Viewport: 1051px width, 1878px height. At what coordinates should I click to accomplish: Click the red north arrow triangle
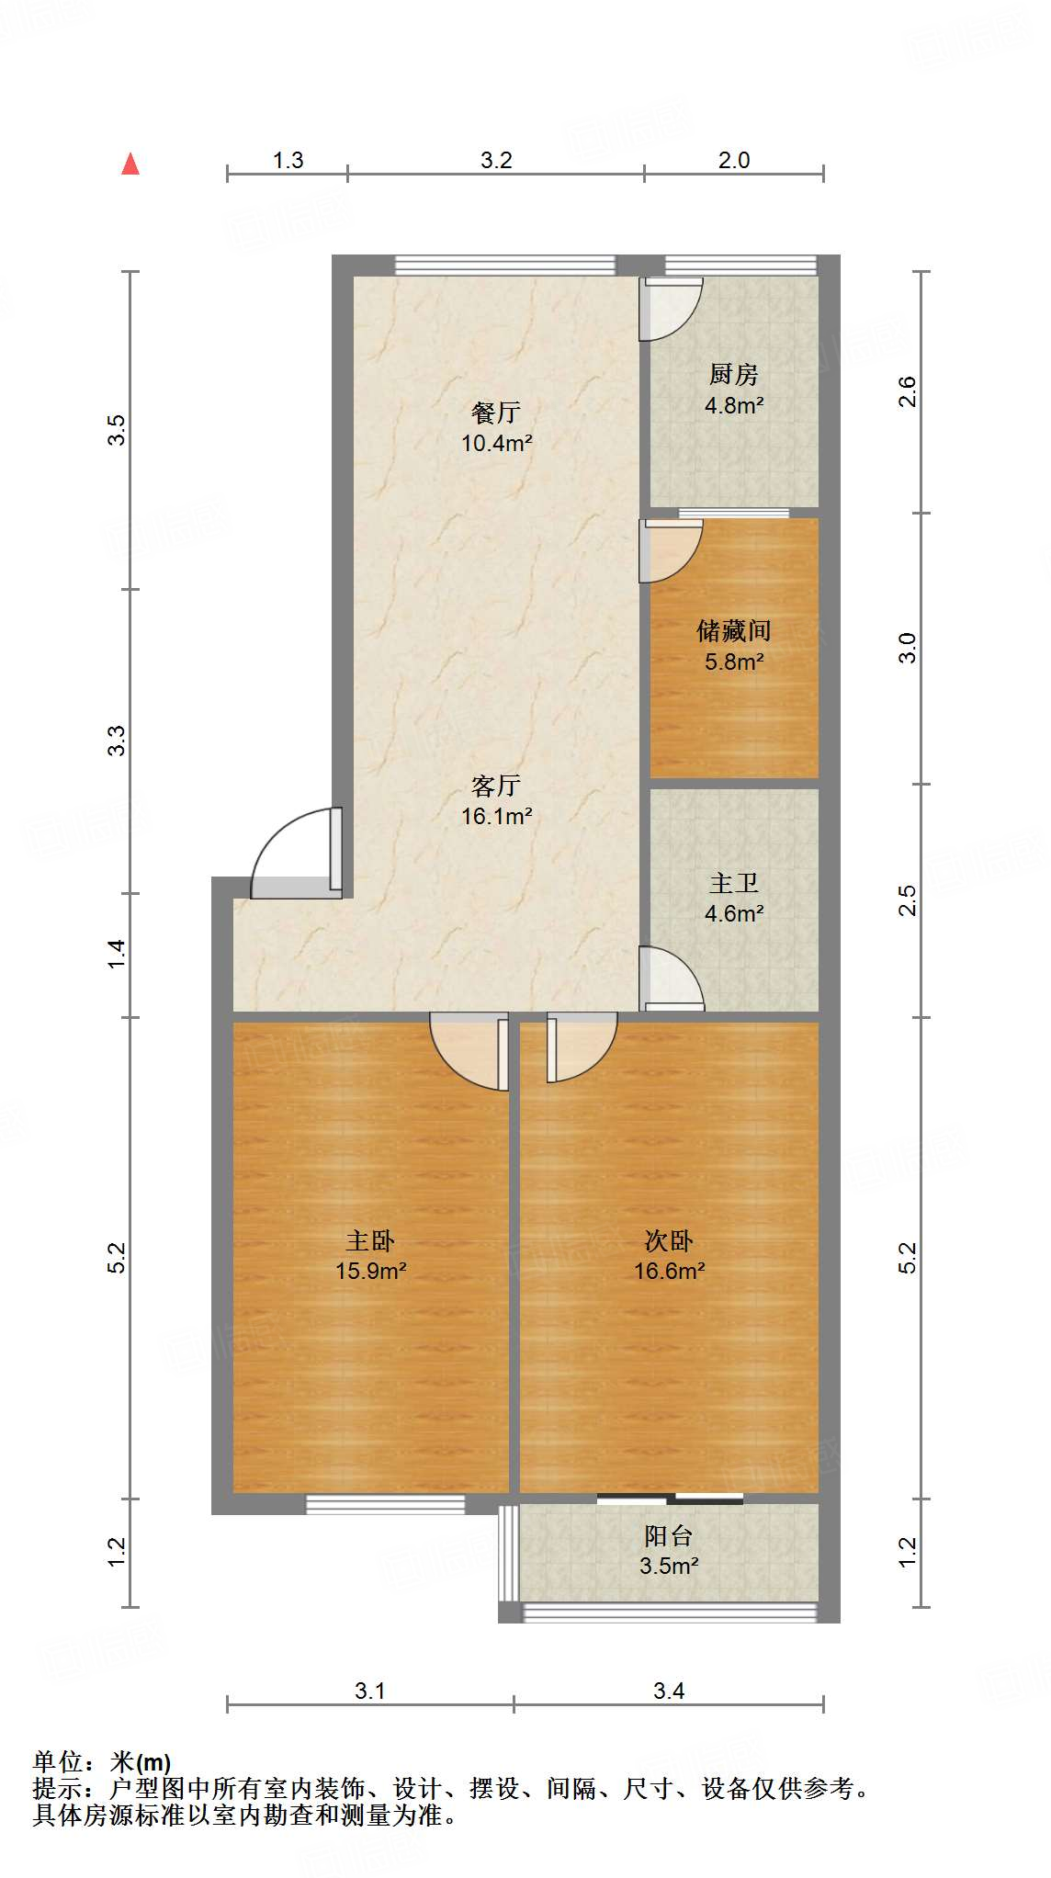[130, 164]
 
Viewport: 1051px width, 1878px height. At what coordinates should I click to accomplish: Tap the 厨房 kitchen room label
[733, 375]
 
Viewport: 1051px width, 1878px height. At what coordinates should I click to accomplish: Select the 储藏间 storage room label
[733, 631]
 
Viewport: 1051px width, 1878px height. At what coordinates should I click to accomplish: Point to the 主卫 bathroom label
[733, 884]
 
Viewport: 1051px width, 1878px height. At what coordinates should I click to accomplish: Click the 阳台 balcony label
[668, 1536]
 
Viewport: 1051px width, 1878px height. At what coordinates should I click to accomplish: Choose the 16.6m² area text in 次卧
[669, 1272]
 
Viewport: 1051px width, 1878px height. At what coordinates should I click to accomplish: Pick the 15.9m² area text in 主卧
[370, 1272]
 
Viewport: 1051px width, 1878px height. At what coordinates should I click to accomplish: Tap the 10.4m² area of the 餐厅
[496, 444]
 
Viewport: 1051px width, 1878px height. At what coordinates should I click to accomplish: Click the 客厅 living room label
[496, 786]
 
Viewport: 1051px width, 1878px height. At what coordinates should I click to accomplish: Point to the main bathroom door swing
[672, 979]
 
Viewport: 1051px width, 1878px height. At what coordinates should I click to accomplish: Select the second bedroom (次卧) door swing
[582, 1046]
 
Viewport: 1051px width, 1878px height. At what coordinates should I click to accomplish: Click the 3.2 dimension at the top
[496, 161]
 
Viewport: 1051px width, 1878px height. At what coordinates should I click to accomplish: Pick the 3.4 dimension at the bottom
[669, 1691]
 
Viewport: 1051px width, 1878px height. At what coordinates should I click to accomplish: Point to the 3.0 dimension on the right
[908, 649]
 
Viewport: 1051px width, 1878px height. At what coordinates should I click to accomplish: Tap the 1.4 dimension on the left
[117, 954]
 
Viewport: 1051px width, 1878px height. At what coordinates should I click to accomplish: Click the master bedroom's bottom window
[386, 1504]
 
